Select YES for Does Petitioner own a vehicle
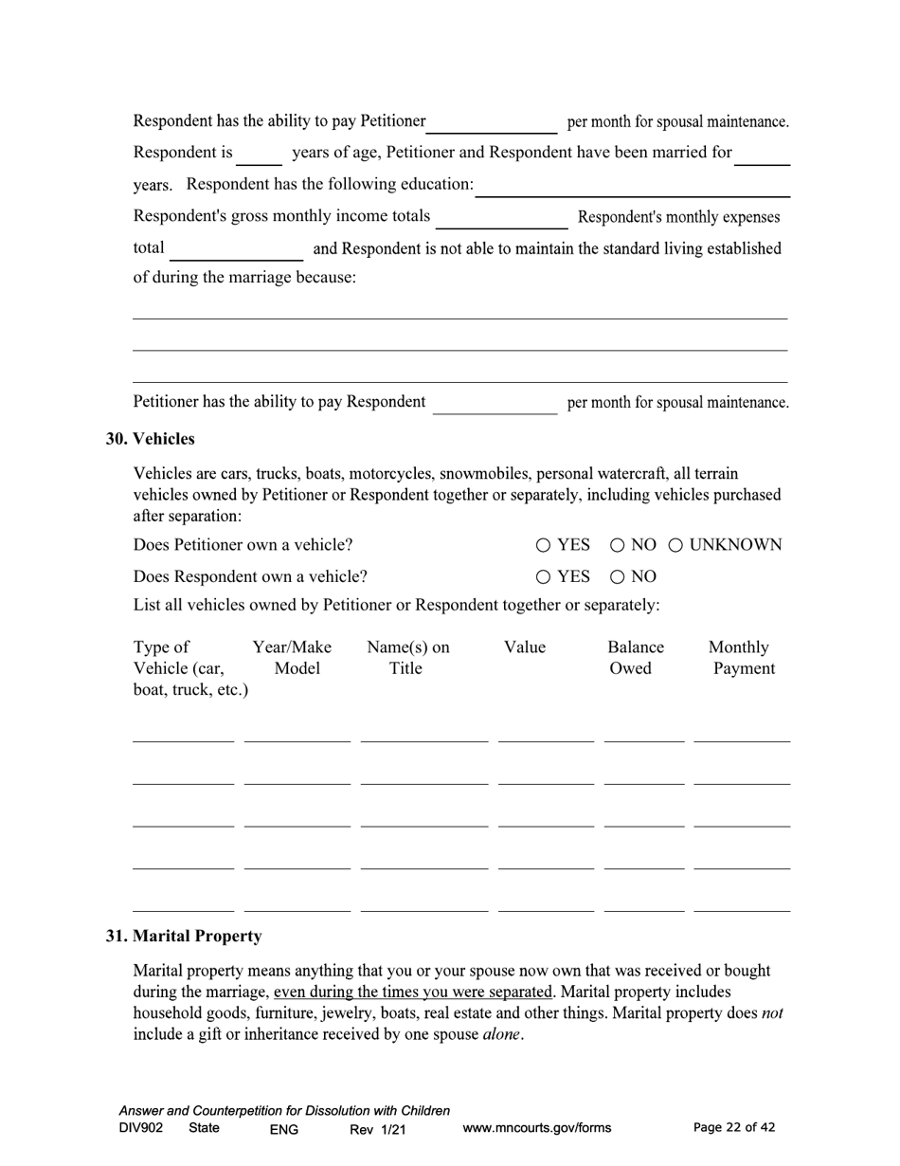tap(543, 545)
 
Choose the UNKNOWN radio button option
tap(676, 545)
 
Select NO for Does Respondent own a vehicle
tap(617, 576)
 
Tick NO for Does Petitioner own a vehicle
tap(617, 545)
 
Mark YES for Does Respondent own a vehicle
tap(543, 576)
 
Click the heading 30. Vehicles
tap(150, 439)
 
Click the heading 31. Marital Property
tap(184, 936)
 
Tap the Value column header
tap(524, 647)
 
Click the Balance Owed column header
tap(635, 658)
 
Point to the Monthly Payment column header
tap(741, 658)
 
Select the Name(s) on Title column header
tap(407, 658)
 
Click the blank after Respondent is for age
tap(259, 155)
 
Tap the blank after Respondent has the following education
tap(632, 187)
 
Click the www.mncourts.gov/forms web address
tap(536, 1128)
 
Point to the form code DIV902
tap(141, 1128)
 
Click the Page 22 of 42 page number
tap(734, 1127)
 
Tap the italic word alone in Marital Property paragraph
tap(501, 1034)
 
